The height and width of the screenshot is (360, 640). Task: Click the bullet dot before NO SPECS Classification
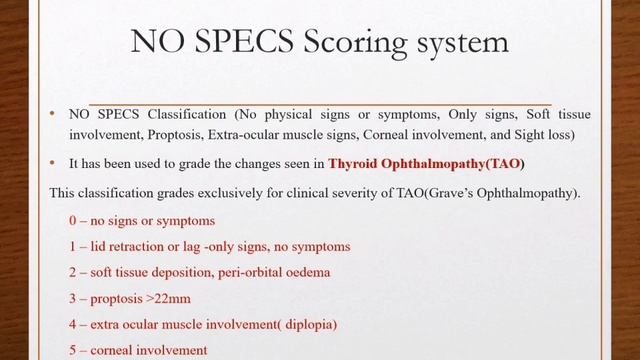pos(52,114)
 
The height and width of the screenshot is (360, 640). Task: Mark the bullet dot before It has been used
pos(52,163)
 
